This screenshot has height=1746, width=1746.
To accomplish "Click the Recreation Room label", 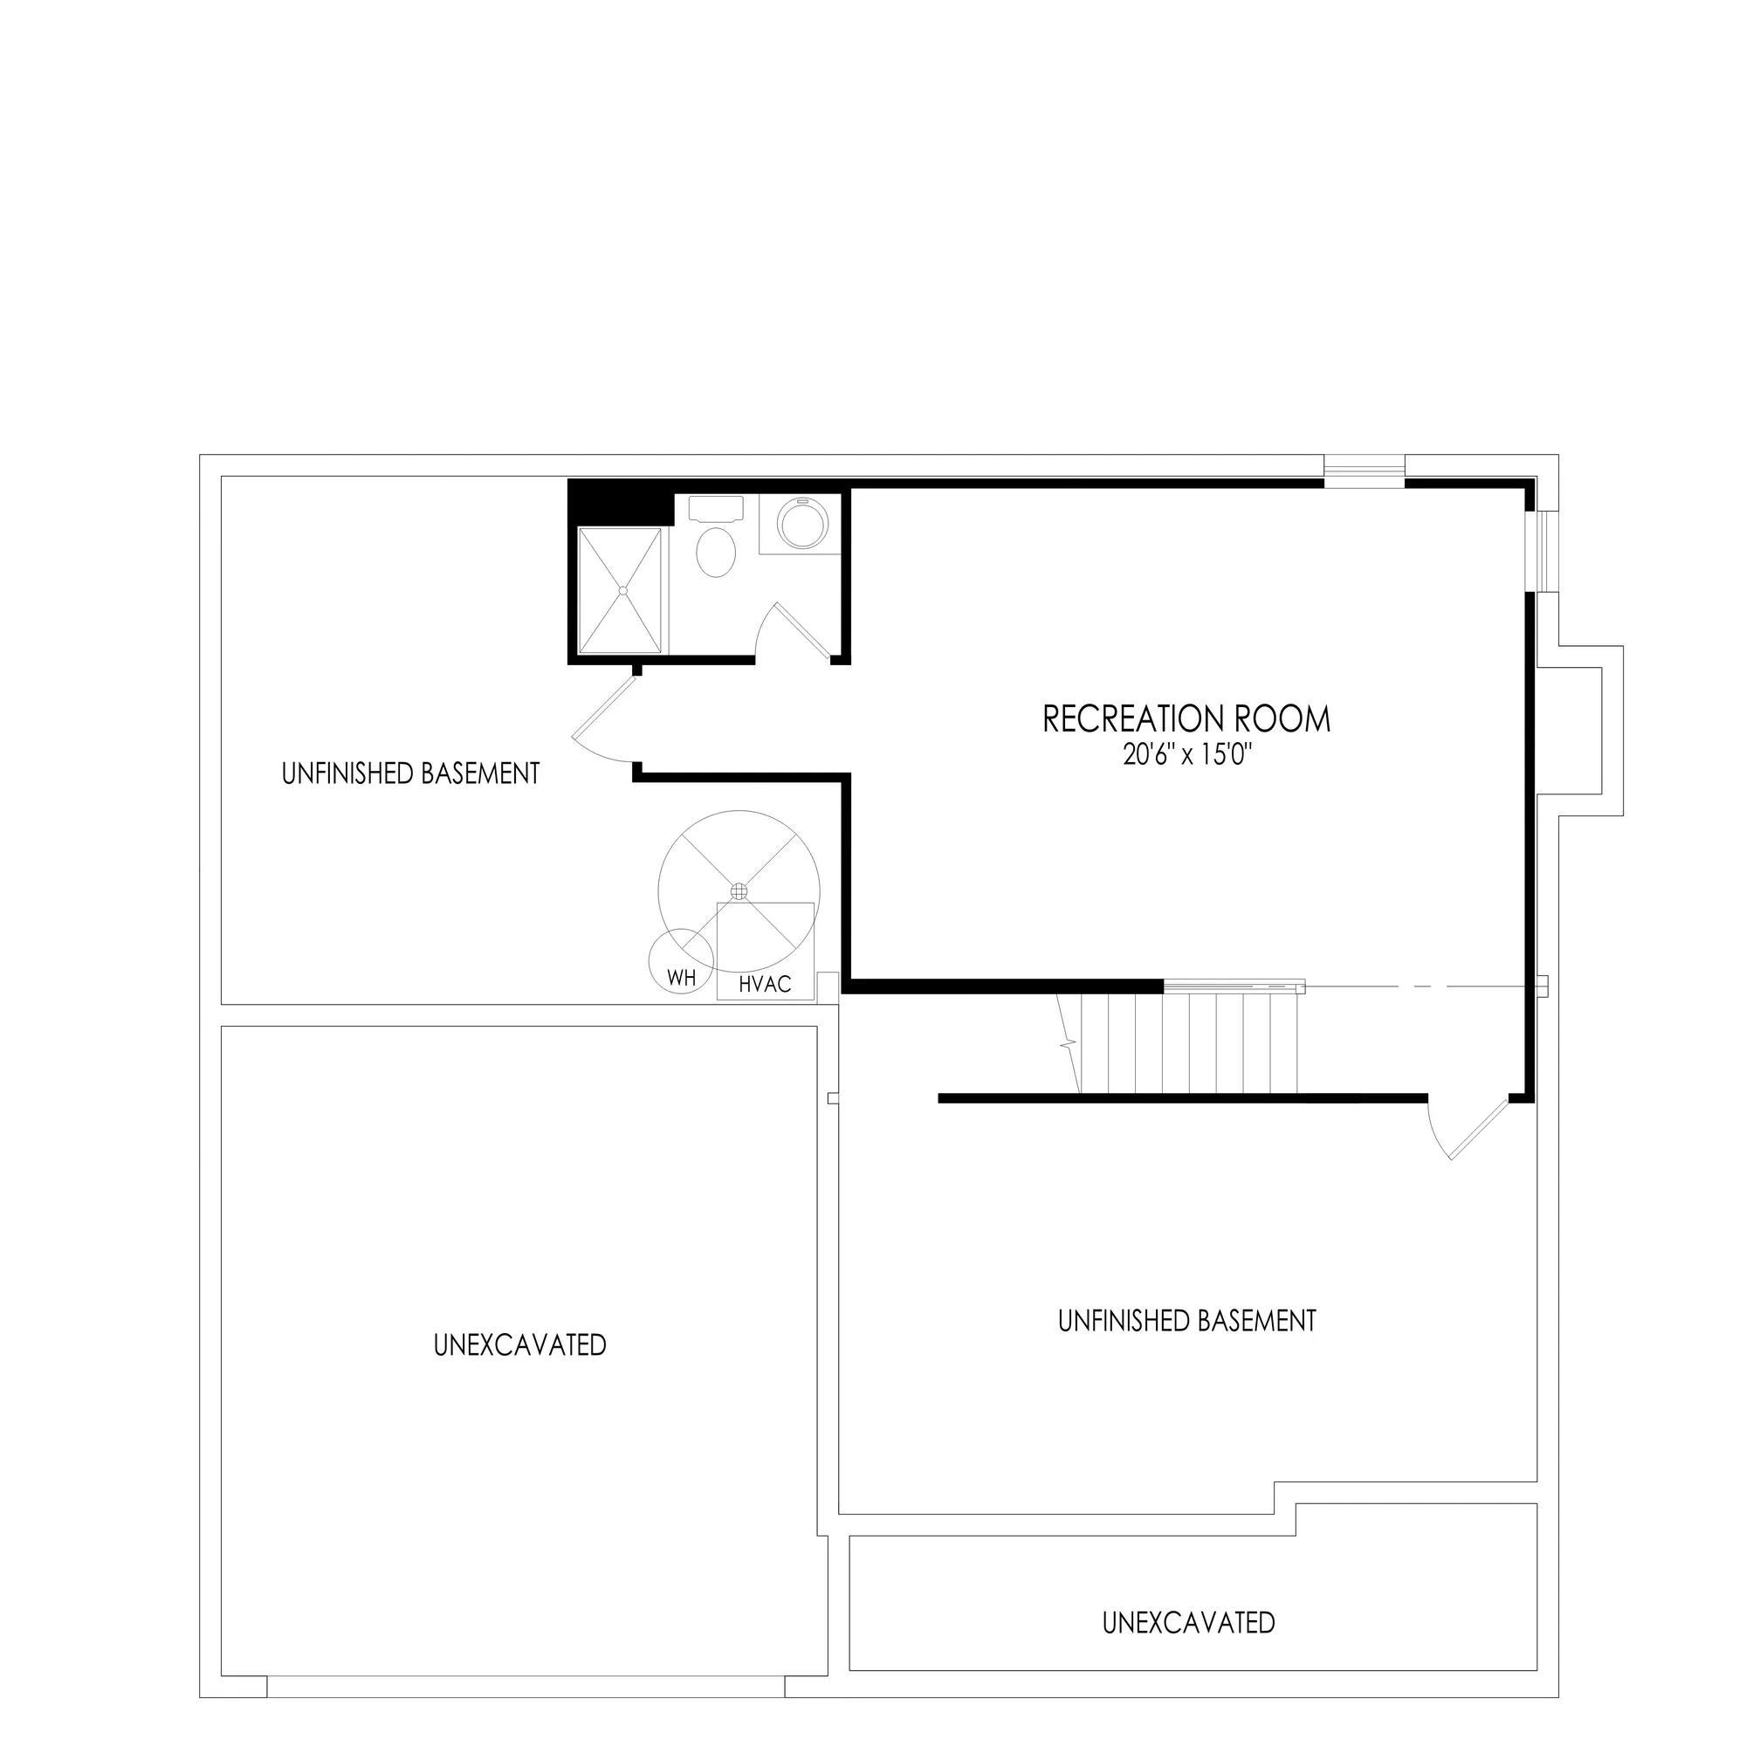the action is click(1186, 719).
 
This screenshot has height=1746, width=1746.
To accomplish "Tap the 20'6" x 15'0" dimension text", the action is click(1186, 756).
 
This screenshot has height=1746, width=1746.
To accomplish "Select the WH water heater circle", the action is click(682, 960).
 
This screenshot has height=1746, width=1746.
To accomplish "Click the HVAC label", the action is click(765, 985).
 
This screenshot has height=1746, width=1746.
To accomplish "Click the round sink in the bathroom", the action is click(802, 524).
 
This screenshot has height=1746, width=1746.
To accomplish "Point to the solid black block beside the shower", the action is click(620, 503).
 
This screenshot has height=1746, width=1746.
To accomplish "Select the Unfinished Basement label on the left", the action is click(411, 773).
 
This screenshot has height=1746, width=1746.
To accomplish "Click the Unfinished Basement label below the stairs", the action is click(1186, 1320).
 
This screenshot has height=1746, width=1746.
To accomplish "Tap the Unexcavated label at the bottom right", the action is click(1188, 1597).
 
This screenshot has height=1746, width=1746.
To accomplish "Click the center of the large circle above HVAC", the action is click(739, 891).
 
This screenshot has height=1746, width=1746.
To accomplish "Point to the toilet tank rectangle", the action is click(716, 507).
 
